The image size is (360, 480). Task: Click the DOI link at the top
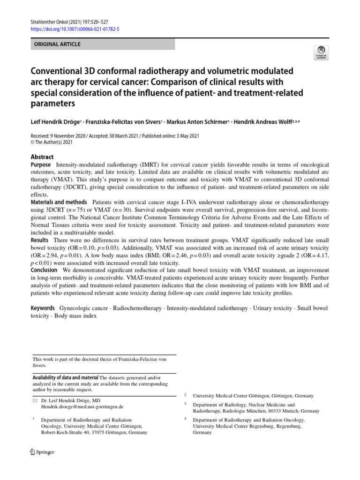coord(75,29)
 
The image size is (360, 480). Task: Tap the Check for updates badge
coord(322,52)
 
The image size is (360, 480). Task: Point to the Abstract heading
coord(42,157)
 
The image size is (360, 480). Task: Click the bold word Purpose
coord(41,165)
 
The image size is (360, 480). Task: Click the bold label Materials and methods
coord(59,202)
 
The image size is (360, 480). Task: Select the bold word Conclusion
coord(44,270)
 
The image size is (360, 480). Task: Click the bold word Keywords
coord(43,308)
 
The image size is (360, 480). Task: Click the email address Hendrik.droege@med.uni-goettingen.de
coord(82,407)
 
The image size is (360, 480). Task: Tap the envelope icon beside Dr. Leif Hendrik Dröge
coord(34,401)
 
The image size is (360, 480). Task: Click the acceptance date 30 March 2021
coord(123,136)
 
